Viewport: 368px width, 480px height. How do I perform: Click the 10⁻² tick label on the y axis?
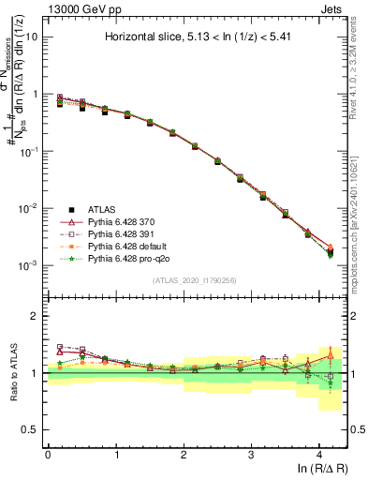29,208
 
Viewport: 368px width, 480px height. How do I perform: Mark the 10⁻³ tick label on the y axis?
29,265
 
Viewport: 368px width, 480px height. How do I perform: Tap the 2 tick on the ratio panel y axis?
35,316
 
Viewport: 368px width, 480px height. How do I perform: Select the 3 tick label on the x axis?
251,454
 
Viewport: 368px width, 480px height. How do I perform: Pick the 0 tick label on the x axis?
48,454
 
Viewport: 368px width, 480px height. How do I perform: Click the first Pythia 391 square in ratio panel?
60,347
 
